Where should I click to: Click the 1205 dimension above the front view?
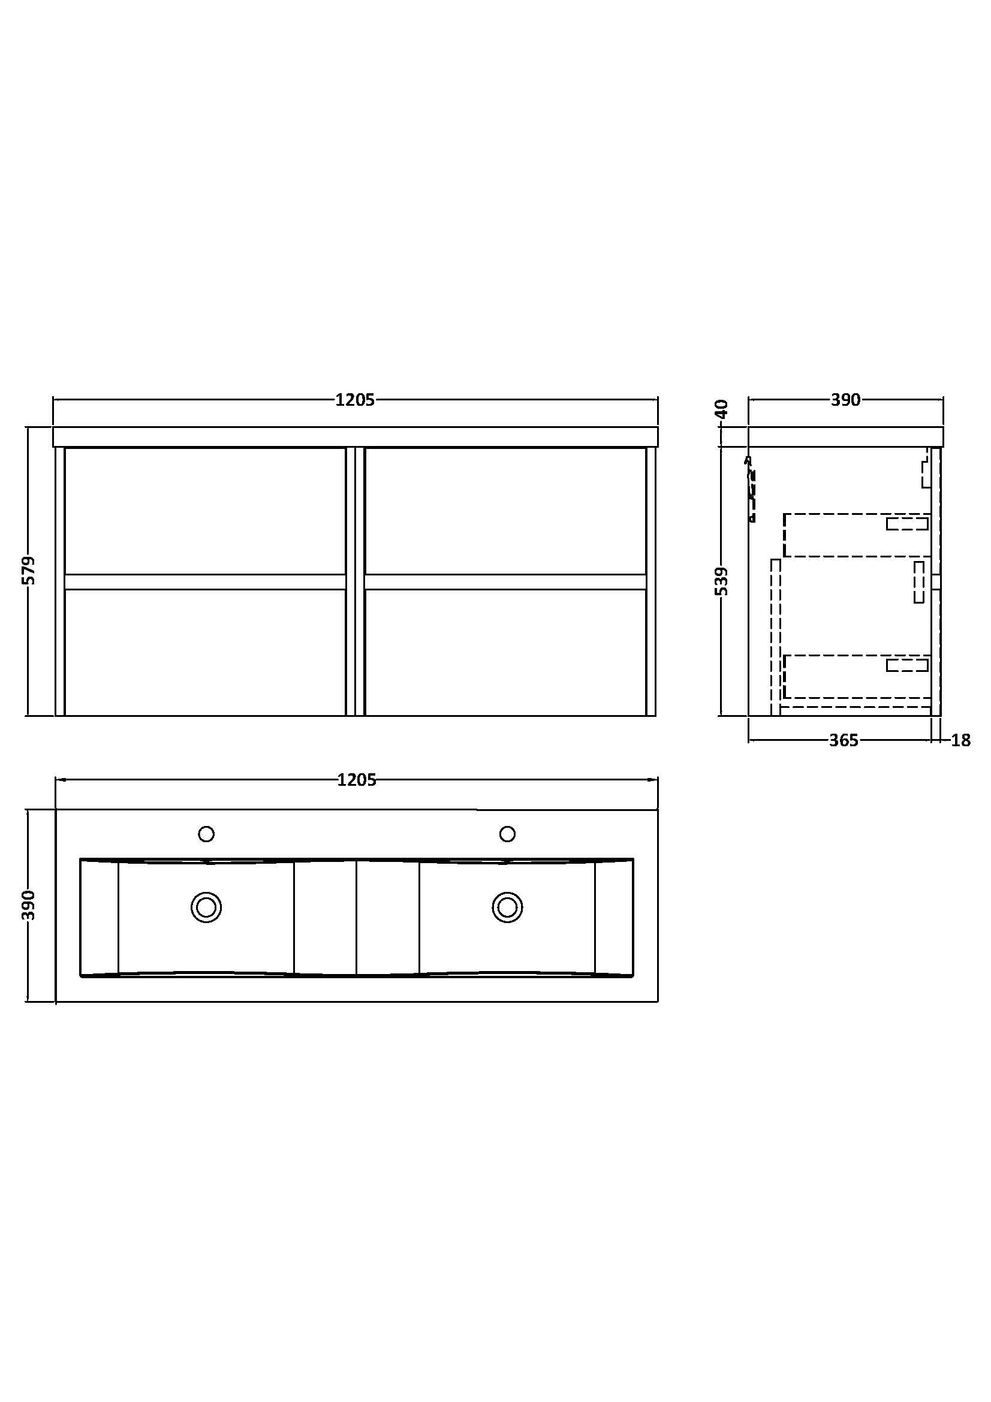pos(355,400)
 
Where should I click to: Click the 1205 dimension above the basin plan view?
pos(357,780)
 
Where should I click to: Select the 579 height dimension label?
pos(29,570)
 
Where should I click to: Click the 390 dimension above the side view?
pos(846,400)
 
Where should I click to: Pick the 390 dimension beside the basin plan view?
pos(29,905)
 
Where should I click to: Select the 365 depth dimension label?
pos(844,740)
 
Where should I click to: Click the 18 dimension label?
pos(960,740)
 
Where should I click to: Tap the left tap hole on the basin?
pos(206,834)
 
